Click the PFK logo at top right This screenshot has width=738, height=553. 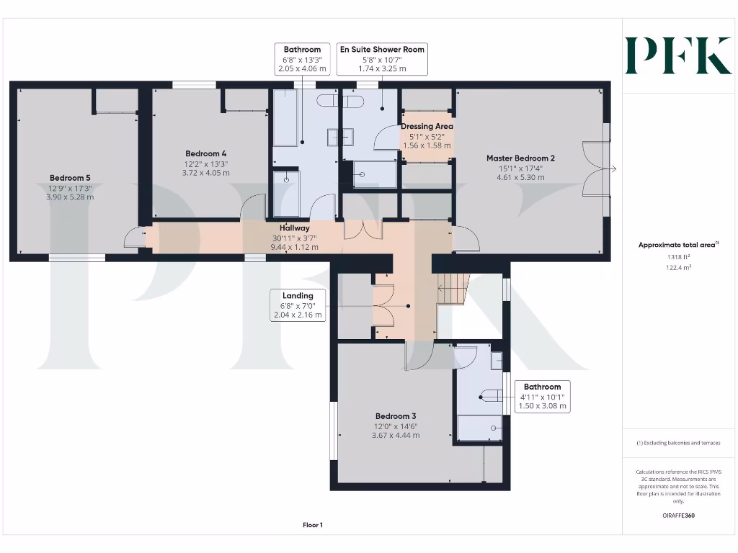(x=678, y=55)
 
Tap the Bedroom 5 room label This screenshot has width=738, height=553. (x=70, y=178)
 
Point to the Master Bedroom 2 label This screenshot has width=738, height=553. (x=520, y=158)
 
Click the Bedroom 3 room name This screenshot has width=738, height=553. (x=396, y=416)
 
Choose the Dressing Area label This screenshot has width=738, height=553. (x=427, y=127)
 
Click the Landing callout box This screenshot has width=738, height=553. (x=298, y=305)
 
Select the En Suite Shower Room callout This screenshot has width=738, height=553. (x=382, y=58)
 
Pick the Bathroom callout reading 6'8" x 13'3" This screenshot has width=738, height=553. (x=302, y=59)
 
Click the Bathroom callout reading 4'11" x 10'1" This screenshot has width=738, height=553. (x=542, y=397)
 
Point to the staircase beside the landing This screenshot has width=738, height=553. (x=453, y=289)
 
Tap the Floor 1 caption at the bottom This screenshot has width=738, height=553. (x=313, y=525)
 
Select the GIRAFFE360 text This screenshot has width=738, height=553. (x=677, y=516)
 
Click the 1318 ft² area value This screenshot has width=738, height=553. (x=677, y=256)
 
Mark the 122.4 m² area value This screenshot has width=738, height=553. (x=677, y=266)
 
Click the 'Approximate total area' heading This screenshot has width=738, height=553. (x=677, y=245)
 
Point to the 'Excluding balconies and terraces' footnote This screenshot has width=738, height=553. (x=677, y=443)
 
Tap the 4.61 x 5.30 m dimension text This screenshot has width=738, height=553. (x=520, y=177)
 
